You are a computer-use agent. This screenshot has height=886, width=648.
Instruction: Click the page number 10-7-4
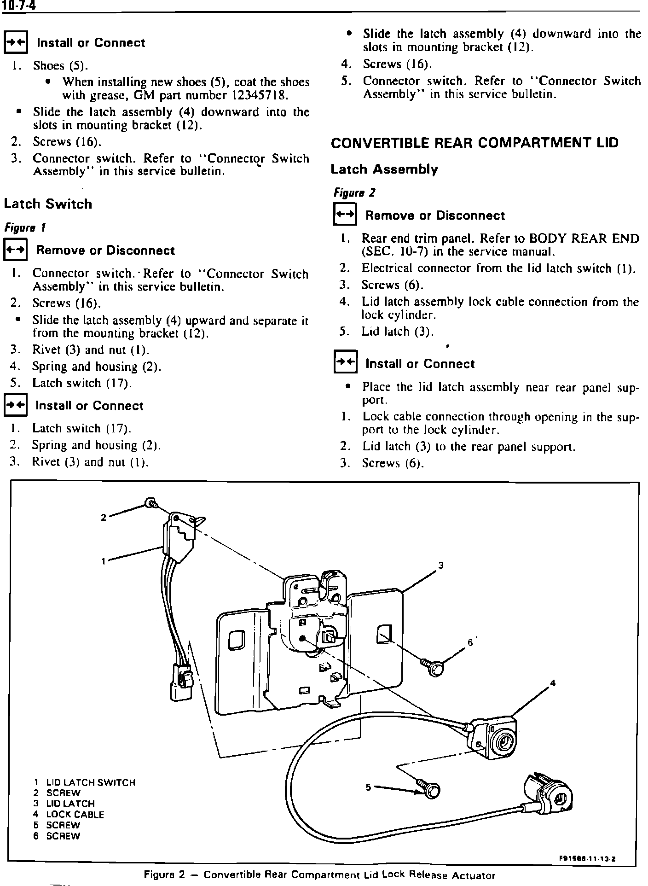click(19, 5)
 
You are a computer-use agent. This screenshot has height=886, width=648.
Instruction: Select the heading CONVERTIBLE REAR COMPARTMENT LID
click(474, 143)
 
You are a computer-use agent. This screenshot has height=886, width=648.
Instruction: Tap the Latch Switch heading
click(48, 204)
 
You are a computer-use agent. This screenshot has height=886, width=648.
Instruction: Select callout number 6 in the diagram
click(470, 642)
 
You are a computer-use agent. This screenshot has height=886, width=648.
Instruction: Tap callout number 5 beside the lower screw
click(368, 787)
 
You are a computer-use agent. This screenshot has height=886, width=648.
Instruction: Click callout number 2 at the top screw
click(104, 517)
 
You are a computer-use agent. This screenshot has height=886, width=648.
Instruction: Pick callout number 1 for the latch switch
click(104, 561)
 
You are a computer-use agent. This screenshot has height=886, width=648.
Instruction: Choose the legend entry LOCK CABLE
click(75, 815)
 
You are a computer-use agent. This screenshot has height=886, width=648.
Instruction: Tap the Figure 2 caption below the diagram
click(319, 875)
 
